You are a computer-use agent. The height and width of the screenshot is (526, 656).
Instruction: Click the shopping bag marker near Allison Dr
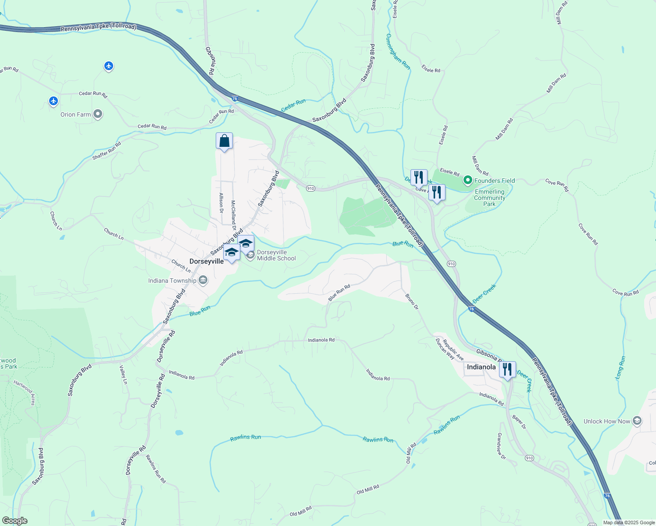[224, 142]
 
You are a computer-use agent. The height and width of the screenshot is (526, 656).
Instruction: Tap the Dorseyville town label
[207, 261]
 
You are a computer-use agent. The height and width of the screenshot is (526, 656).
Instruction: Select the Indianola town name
[481, 367]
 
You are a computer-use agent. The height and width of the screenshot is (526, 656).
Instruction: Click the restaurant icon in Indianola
[507, 370]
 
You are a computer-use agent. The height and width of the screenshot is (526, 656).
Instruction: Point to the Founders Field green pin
[467, 180]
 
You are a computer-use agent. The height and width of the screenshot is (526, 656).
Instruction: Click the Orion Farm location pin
[98, 114]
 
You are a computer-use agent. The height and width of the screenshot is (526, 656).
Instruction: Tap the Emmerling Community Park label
[489, 198]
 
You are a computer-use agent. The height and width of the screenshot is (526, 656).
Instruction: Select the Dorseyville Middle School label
[276, 255]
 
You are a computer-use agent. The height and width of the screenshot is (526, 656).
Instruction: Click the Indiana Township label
[172, 281]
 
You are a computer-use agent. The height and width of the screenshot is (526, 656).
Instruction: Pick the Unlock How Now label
[606, 421]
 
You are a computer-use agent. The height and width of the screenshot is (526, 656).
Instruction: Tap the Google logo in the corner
[14, 521]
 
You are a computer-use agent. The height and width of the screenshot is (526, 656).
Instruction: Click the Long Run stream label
[620, 367]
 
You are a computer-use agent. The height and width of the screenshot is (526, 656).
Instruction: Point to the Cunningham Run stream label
[398, 52]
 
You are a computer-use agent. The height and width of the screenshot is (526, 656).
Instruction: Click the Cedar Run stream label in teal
[293, 105]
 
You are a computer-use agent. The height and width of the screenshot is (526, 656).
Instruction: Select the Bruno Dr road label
[412, 302]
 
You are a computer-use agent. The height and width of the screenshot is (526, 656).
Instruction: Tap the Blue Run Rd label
[339, 293]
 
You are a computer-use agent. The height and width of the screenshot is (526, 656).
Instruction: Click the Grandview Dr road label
[501, 446]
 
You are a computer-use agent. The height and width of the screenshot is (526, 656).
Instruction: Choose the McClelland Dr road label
[234, 212]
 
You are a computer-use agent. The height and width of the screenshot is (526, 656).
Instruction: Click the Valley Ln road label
[124, 375]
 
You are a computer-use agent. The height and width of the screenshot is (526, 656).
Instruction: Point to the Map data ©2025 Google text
[629, 522]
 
